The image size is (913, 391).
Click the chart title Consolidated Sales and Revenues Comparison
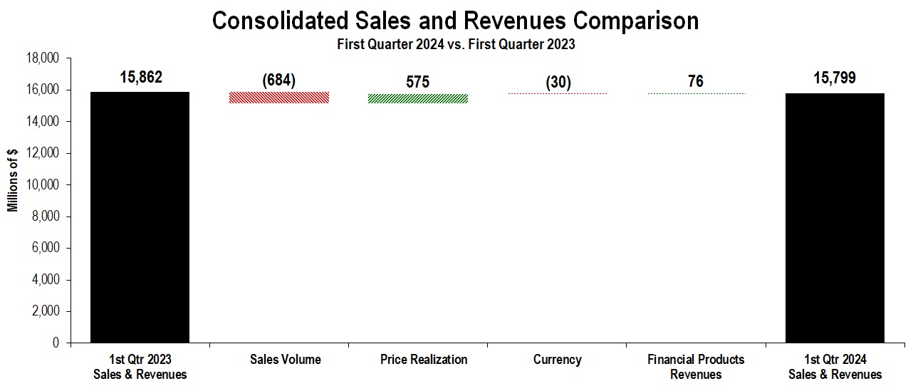[x=456, y=21]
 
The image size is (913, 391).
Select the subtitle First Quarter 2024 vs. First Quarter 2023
[x=456, y=44]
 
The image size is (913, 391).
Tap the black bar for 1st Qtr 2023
[x=140, y=217]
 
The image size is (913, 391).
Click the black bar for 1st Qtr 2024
[x=835, y=218]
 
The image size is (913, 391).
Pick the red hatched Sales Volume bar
[x=278, y=98]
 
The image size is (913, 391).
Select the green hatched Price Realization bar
[x=418, y=98]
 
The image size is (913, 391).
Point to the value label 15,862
[x=141, y=77]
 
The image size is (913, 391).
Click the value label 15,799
[x=835, y=78]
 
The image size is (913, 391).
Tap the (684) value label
[x=278, y=80]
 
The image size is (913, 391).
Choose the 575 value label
[x=418, y=82]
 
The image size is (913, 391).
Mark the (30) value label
[x=558, y=82]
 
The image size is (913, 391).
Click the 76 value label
[x=696, y=82]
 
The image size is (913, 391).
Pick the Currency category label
[x=558, y=360]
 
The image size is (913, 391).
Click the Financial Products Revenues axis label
[x=696, y=367]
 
